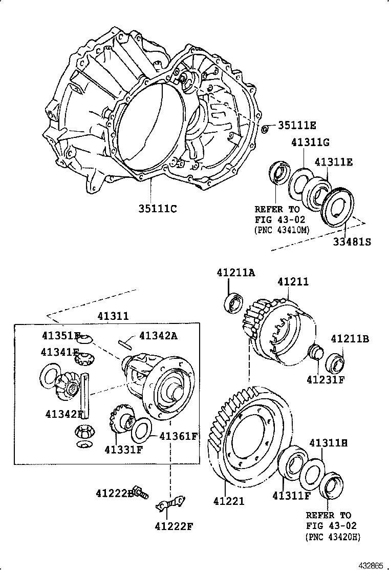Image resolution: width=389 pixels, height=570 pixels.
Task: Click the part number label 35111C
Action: point(157,208)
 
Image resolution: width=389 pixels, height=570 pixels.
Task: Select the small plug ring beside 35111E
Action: point(265,128)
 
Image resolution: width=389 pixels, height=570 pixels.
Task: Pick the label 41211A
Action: point(234,273)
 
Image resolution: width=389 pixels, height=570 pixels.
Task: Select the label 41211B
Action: point(350,339)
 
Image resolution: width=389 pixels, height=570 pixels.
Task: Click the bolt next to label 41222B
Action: point(140,492)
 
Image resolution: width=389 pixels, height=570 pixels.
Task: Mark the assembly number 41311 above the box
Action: point(113,316)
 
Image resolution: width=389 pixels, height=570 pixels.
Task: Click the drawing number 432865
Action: point(370,565)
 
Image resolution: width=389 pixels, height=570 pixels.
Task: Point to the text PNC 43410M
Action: point(282,230)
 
